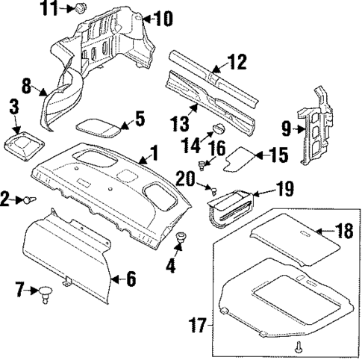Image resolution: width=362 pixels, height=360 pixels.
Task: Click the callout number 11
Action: tap(49, 9)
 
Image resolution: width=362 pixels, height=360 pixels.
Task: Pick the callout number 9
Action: tap(285, 128)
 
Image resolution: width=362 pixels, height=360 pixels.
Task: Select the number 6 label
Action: tap(130, 280)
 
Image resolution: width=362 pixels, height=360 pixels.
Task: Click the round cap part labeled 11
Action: tap(78, 8)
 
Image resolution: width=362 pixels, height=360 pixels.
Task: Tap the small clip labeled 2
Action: tap(30, 199)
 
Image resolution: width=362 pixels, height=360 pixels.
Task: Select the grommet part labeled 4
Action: tap(181, 239)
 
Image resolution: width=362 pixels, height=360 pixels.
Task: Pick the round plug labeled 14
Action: tap(210, 128)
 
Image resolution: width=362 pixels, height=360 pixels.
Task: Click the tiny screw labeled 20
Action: tap(212, 186)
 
